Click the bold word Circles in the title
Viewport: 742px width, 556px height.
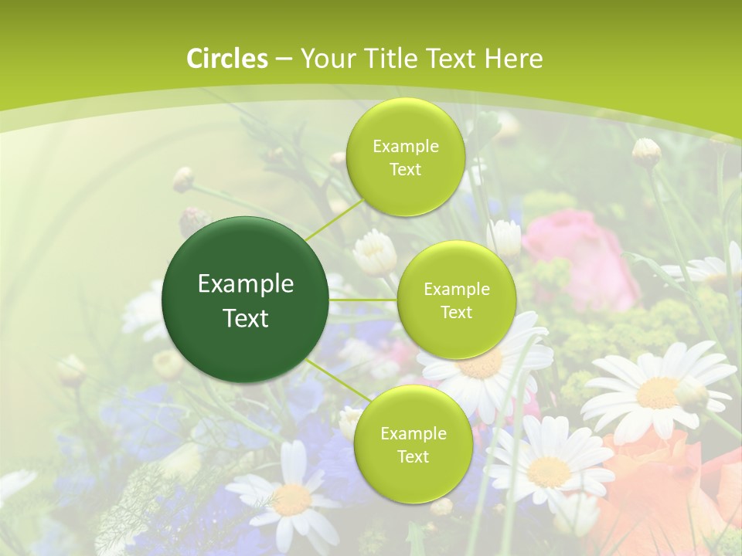[x=227, y=59]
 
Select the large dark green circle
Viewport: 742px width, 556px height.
[x=246, y=300]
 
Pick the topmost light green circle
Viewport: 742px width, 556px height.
[x=405, y=157]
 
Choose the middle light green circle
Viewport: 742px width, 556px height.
[x=456, y=300]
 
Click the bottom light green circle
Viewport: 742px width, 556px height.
[x=413, y=444]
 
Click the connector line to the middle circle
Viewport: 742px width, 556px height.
[x=363, y=300]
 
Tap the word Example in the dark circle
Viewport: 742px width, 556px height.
[x=246, y=284]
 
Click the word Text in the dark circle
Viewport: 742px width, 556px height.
[x=246, y=318]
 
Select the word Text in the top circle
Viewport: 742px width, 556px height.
[x=405, y=170]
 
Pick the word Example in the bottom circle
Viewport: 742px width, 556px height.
[x=413, y=433]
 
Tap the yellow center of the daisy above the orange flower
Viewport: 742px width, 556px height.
[x=657, y=392]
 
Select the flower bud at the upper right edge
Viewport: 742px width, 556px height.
[x=646, y=152]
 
